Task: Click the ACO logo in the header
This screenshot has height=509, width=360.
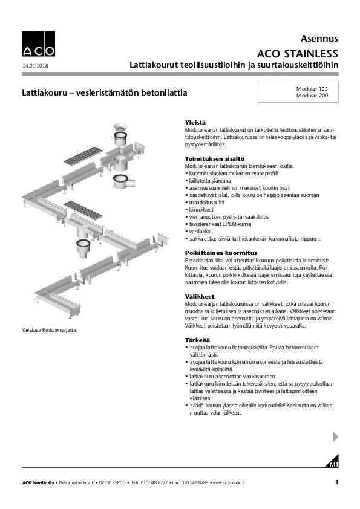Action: [x=38, y=44]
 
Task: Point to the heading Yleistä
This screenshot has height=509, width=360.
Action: [x=195, y=122]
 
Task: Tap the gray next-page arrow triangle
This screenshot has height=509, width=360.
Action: [x=336, y=436]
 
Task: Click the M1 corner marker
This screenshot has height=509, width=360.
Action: [x=333, y=464]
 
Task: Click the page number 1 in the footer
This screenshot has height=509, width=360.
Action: [x=336, y=482]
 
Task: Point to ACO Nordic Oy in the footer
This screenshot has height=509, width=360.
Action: [x=39, y=483]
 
